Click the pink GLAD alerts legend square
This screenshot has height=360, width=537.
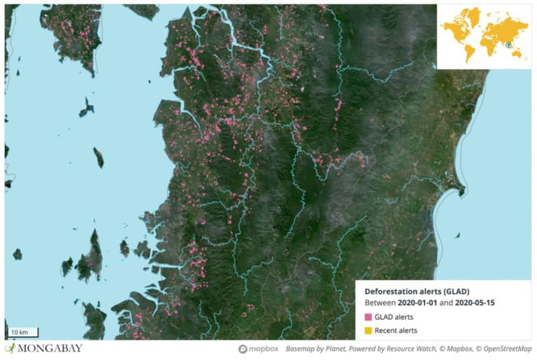point(368,317)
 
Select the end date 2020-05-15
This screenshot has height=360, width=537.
point(478,303)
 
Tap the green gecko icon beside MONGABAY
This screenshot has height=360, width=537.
point(10,348)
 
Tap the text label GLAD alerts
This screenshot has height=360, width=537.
point(393,317)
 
